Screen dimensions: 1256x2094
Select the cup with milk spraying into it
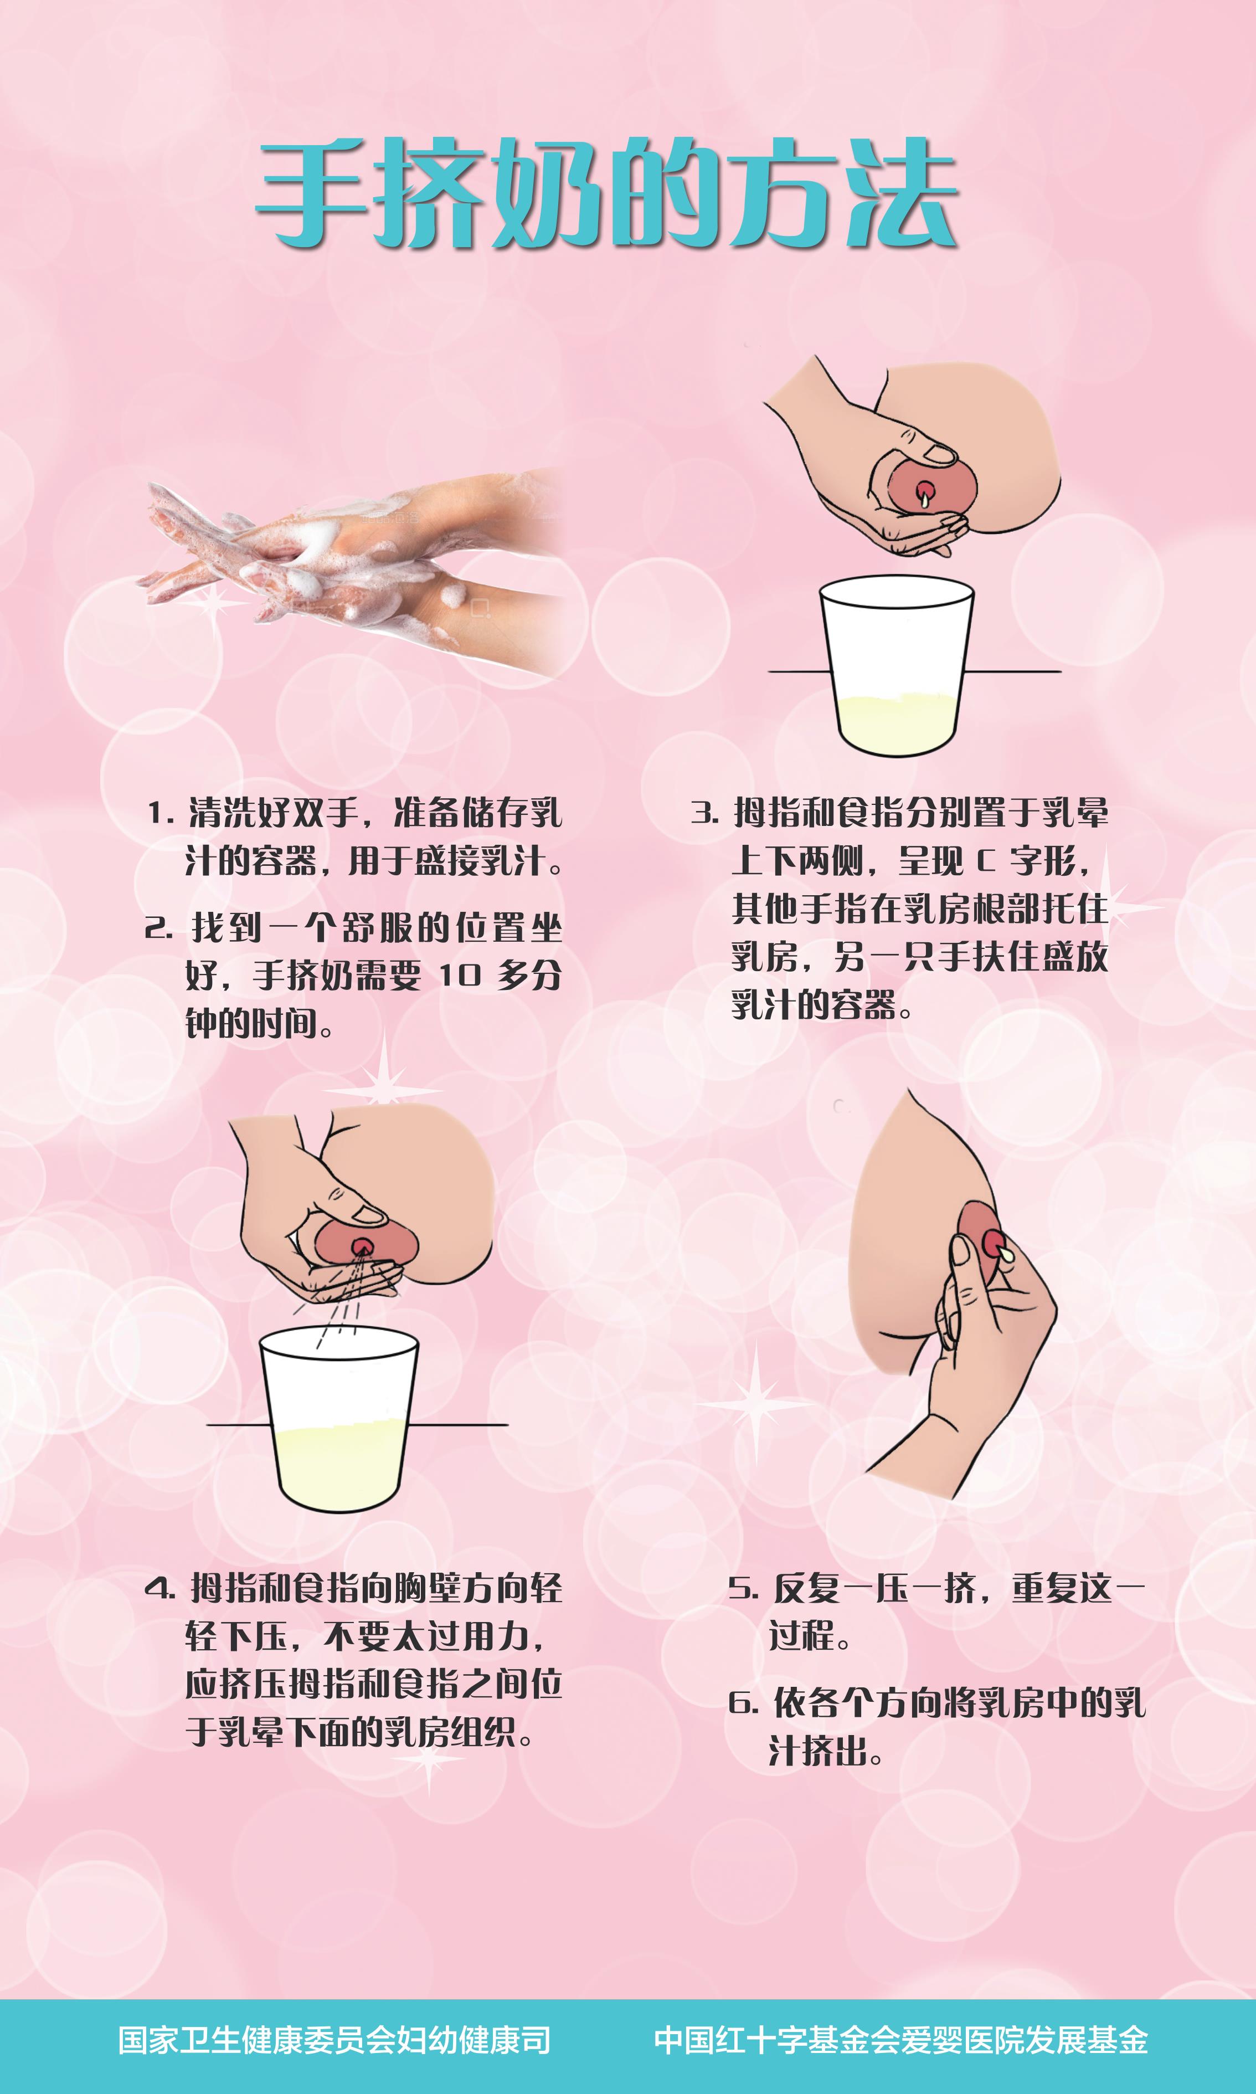[x=338, y=1419]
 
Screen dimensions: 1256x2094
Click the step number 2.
[x=158, y=928]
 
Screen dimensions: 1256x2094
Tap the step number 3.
[x=704, y=813]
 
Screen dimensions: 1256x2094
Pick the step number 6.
[x=743, y=1703]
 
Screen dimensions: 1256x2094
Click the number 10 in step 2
[x=460, y=976]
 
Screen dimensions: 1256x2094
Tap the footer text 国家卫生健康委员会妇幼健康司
[x=334, y=2040]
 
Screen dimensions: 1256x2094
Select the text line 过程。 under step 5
[x=809, y=1635]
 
